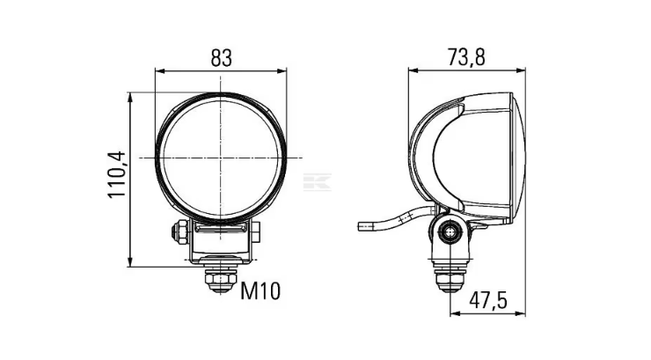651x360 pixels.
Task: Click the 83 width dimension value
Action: (x=221, y=58)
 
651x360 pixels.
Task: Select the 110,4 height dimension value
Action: (x=116, y=174)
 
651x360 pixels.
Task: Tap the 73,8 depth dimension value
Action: (x=466, y=57)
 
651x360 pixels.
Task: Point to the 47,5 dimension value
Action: (x=488, y=300)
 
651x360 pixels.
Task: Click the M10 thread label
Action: (x=260, y=290)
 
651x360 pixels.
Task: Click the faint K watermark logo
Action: (x=318, y=182)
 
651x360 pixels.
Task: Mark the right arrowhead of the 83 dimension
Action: (x=282, y=71)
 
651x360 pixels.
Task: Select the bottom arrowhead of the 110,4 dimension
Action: (x=130, y=261)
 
